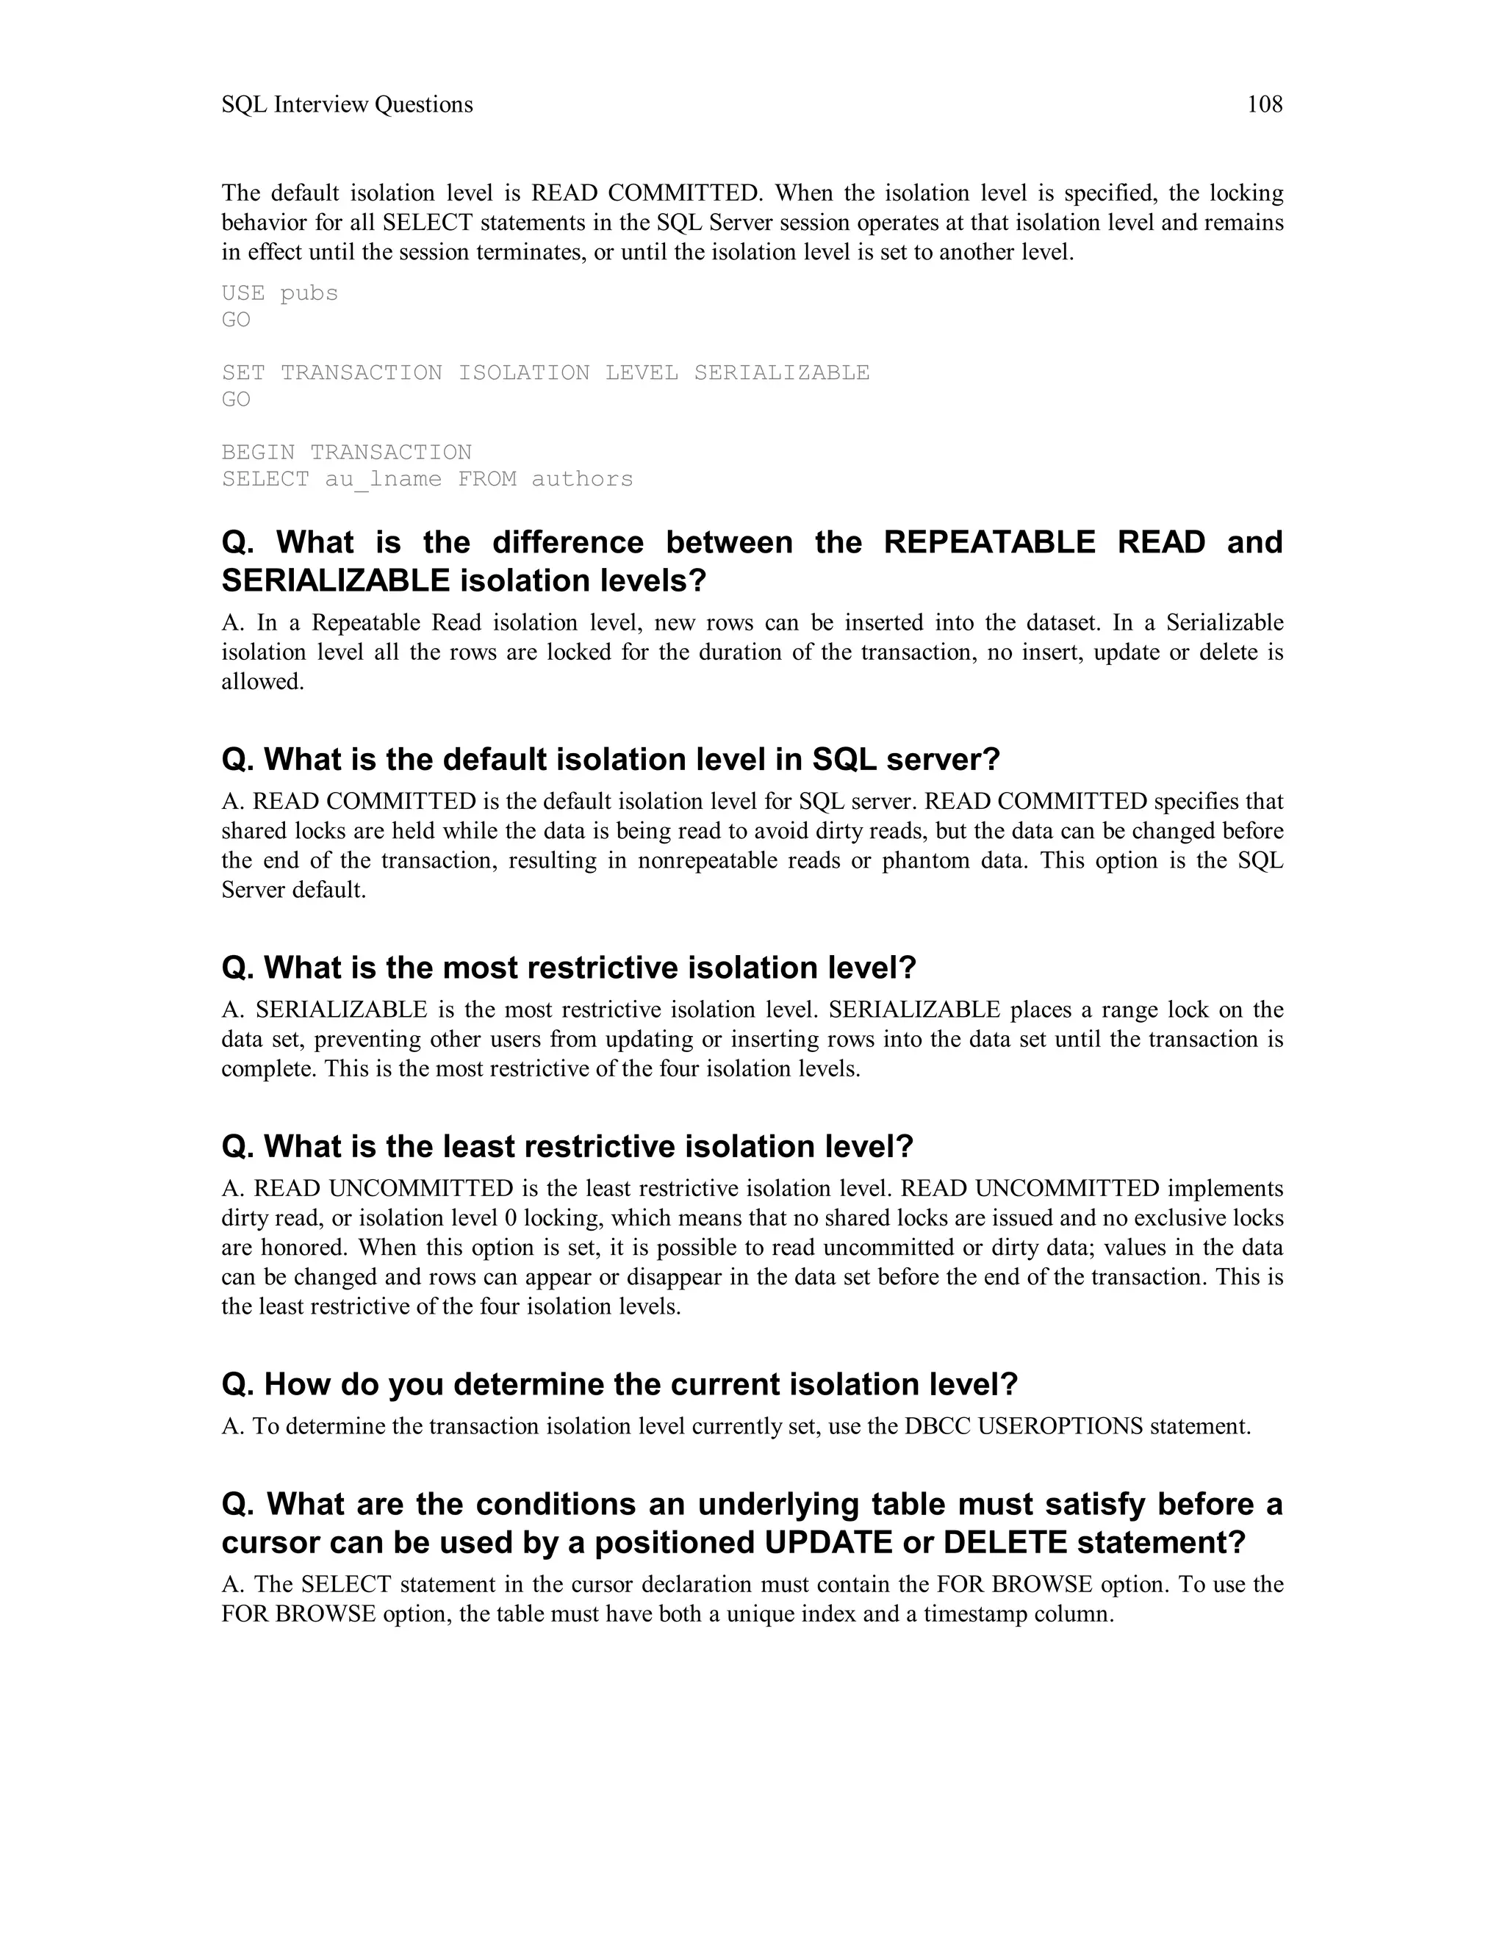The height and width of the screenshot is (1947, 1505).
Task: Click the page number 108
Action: pyautogui.click(x=1263, y=105)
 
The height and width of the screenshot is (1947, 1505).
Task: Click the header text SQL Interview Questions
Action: pyautogui.click(x=347, y=105)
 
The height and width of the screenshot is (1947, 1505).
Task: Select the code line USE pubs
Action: pyautogui.click(x=280, y=293)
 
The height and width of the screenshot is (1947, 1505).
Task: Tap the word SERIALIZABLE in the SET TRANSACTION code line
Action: pyautogui.click(x=781, y=373)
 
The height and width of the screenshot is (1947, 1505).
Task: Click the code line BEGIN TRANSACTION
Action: pyautogui.click(x=347, y=452)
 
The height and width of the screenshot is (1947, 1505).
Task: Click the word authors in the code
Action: pyautogui.click(x=582, y=479)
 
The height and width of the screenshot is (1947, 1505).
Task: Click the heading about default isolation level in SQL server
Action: pyautogui.click(x=611, y=760)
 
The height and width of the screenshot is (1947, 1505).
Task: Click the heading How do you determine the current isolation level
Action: pyautogui.click(x=619, y=1383)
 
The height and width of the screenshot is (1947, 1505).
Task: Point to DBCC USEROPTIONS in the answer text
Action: pyautogui.click(x=1023, y=1426)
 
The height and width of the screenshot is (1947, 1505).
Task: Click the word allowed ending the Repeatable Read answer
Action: pyautogui.click(x=262, y=682)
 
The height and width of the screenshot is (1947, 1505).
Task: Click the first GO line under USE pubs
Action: pyautogui.click(x=237, y=320)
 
